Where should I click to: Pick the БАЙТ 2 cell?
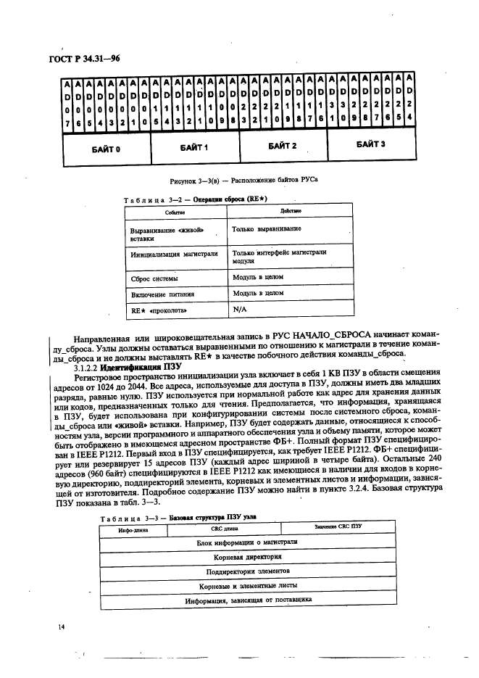pyautogui.click(x=283, y=146)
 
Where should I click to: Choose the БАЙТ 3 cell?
pyautogui.click(x=370, y=144)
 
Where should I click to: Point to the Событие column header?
pyautogui.click(x=174, y=211)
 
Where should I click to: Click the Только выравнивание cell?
pyautogui.click(x=267, y=228)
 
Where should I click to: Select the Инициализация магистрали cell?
pyautogui.click(x=174, y=255)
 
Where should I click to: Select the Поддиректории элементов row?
pyautogui.click(x=247, y=571)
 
